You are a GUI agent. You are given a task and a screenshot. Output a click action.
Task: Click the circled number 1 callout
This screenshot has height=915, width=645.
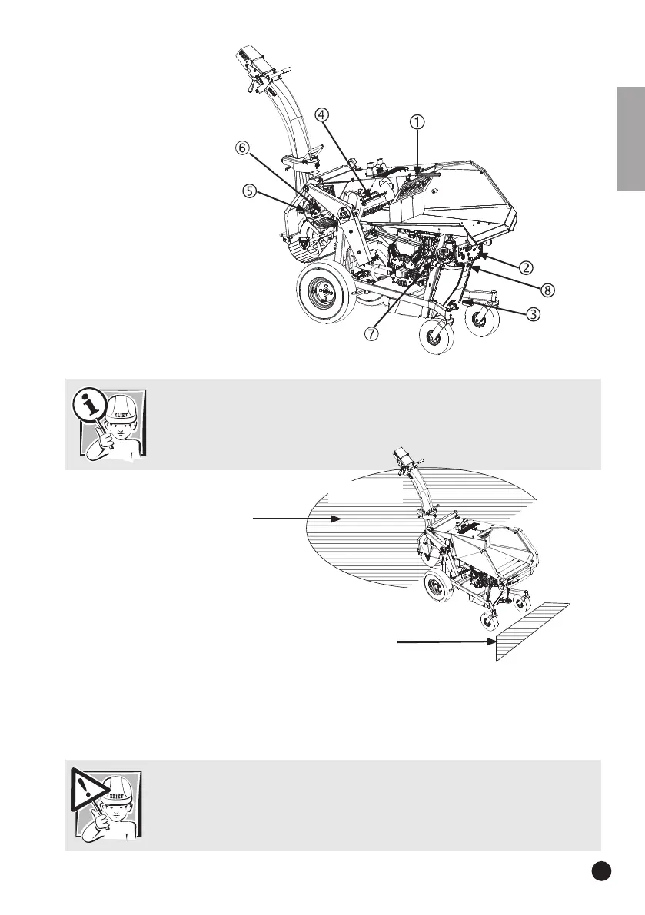coord(417,122)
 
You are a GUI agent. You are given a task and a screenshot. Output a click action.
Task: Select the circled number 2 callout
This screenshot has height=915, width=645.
coord(526,267)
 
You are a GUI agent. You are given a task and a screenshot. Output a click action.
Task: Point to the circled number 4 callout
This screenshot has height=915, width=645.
coord(322,114)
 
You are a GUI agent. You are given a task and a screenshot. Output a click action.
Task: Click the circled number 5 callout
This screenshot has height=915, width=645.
coord(248,192)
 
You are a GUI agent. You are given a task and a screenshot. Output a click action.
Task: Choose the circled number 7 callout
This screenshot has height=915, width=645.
coord(371,334)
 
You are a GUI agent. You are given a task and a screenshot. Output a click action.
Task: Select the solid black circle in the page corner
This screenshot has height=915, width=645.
coord(602,869)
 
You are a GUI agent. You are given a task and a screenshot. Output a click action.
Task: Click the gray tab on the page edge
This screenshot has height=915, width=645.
coord(630,142)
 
